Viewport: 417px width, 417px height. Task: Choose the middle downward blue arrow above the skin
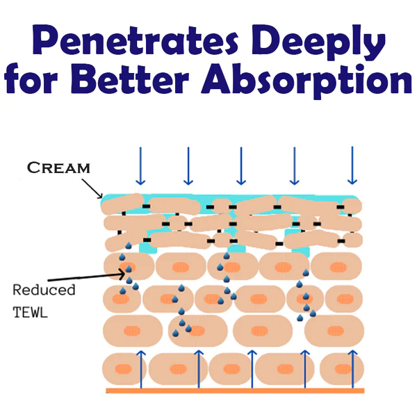(240, 165)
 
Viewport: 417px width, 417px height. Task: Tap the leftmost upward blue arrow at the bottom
(140, 368)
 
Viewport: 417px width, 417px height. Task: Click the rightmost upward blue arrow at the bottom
(354, 368)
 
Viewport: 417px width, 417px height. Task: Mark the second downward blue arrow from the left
(188, 165)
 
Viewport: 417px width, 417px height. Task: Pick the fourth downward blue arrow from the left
(294, 165)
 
